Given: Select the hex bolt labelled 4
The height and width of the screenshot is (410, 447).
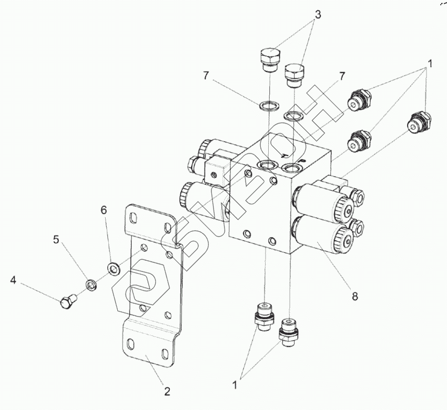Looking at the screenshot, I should coord(67,302).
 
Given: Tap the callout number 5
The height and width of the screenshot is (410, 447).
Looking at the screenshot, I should coord(56,240).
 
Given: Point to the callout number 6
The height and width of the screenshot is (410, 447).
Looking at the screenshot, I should coord(104,210).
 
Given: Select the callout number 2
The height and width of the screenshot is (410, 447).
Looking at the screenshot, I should coord(167,391).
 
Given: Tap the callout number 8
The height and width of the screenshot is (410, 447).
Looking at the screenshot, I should coord(355,296).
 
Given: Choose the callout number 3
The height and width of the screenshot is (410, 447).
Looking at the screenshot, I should coord(318,14).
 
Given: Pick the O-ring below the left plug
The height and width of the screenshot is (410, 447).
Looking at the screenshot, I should coord(269,106).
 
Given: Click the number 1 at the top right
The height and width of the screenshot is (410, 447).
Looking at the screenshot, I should coord(430,64).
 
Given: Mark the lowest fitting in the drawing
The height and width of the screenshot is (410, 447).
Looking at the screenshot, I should coord(287,332).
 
